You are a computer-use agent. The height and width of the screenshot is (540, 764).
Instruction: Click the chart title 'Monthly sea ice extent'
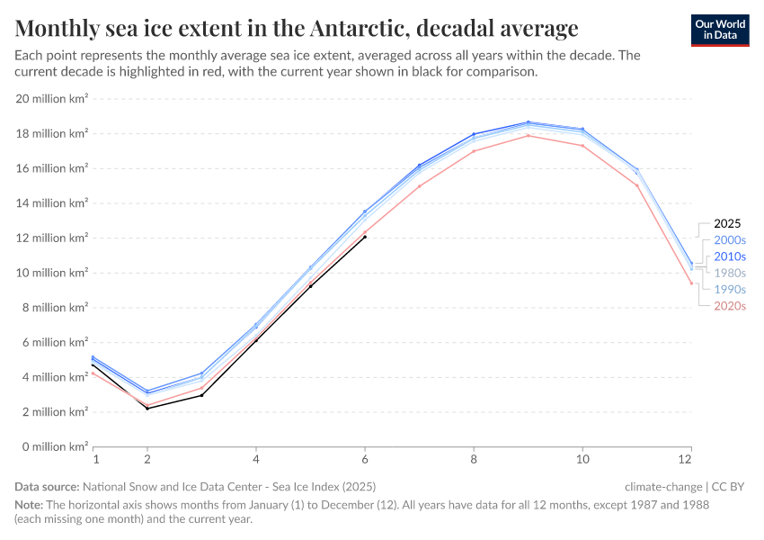pyautogui.click(x=297, y=28)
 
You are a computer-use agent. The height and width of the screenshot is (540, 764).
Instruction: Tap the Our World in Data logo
pyautogui.click(x=720, y=30)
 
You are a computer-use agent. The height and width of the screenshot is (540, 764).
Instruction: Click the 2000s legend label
pyautogui.click(x=730, y=240)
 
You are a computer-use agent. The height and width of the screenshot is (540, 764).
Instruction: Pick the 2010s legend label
pyautogui.click(x=730, y=256)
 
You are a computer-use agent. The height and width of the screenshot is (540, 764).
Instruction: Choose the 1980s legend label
pyautogui.click(x=730, y=273)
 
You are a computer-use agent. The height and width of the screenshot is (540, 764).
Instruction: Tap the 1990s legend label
pyautogui.click(x=730, y=290)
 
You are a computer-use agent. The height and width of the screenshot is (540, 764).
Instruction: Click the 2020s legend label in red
pyautogui.click(x=730, y=306)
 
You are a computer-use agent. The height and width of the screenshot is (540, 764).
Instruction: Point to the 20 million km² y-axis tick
pyautogui.click(x=52, y=99)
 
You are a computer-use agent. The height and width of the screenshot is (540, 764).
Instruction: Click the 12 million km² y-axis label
pyautogui.click(x=52, y=238)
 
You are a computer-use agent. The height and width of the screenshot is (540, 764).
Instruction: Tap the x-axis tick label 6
pyautogui.click(x=365, y=459)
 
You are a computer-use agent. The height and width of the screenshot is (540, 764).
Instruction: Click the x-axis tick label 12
pyautogui.click(x=690, y=459)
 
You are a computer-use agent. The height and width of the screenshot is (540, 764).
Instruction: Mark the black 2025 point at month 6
pyautogui.click(x=365, y=237)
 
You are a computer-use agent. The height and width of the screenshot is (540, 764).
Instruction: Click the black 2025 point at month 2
pyautogui.click(x=147, y=409)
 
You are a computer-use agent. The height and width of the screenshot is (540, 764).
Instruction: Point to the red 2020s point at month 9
pyautogui.click(x=529, y=136)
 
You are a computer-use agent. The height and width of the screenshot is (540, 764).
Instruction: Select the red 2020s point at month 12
pyautogui.click(x=691, y=283)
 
